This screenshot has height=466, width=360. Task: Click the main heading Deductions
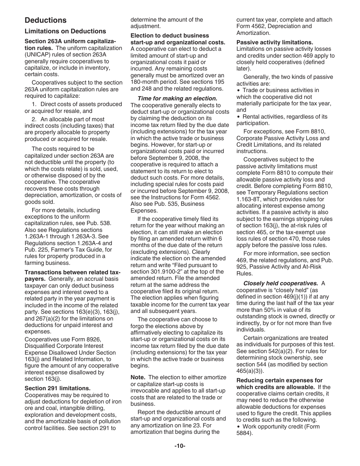pyautogui.click(x=45, y=20)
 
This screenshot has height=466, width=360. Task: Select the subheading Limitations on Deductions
pyautogui.click(x=65, y=31)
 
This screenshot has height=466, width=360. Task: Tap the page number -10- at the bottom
pyautogui.click(x=180, y=446)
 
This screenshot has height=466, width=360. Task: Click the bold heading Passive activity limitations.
pyautogui.click(x=275, y=42)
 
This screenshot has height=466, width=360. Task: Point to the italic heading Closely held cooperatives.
pyautogui.click(x=281, y=283)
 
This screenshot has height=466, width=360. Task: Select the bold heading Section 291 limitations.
pyautogui.click(x=58, y=388)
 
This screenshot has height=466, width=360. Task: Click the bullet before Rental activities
pyautogui.click(x=238, y=117)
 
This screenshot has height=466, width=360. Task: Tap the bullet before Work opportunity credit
pyautogui.click(x=238, y=427)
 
